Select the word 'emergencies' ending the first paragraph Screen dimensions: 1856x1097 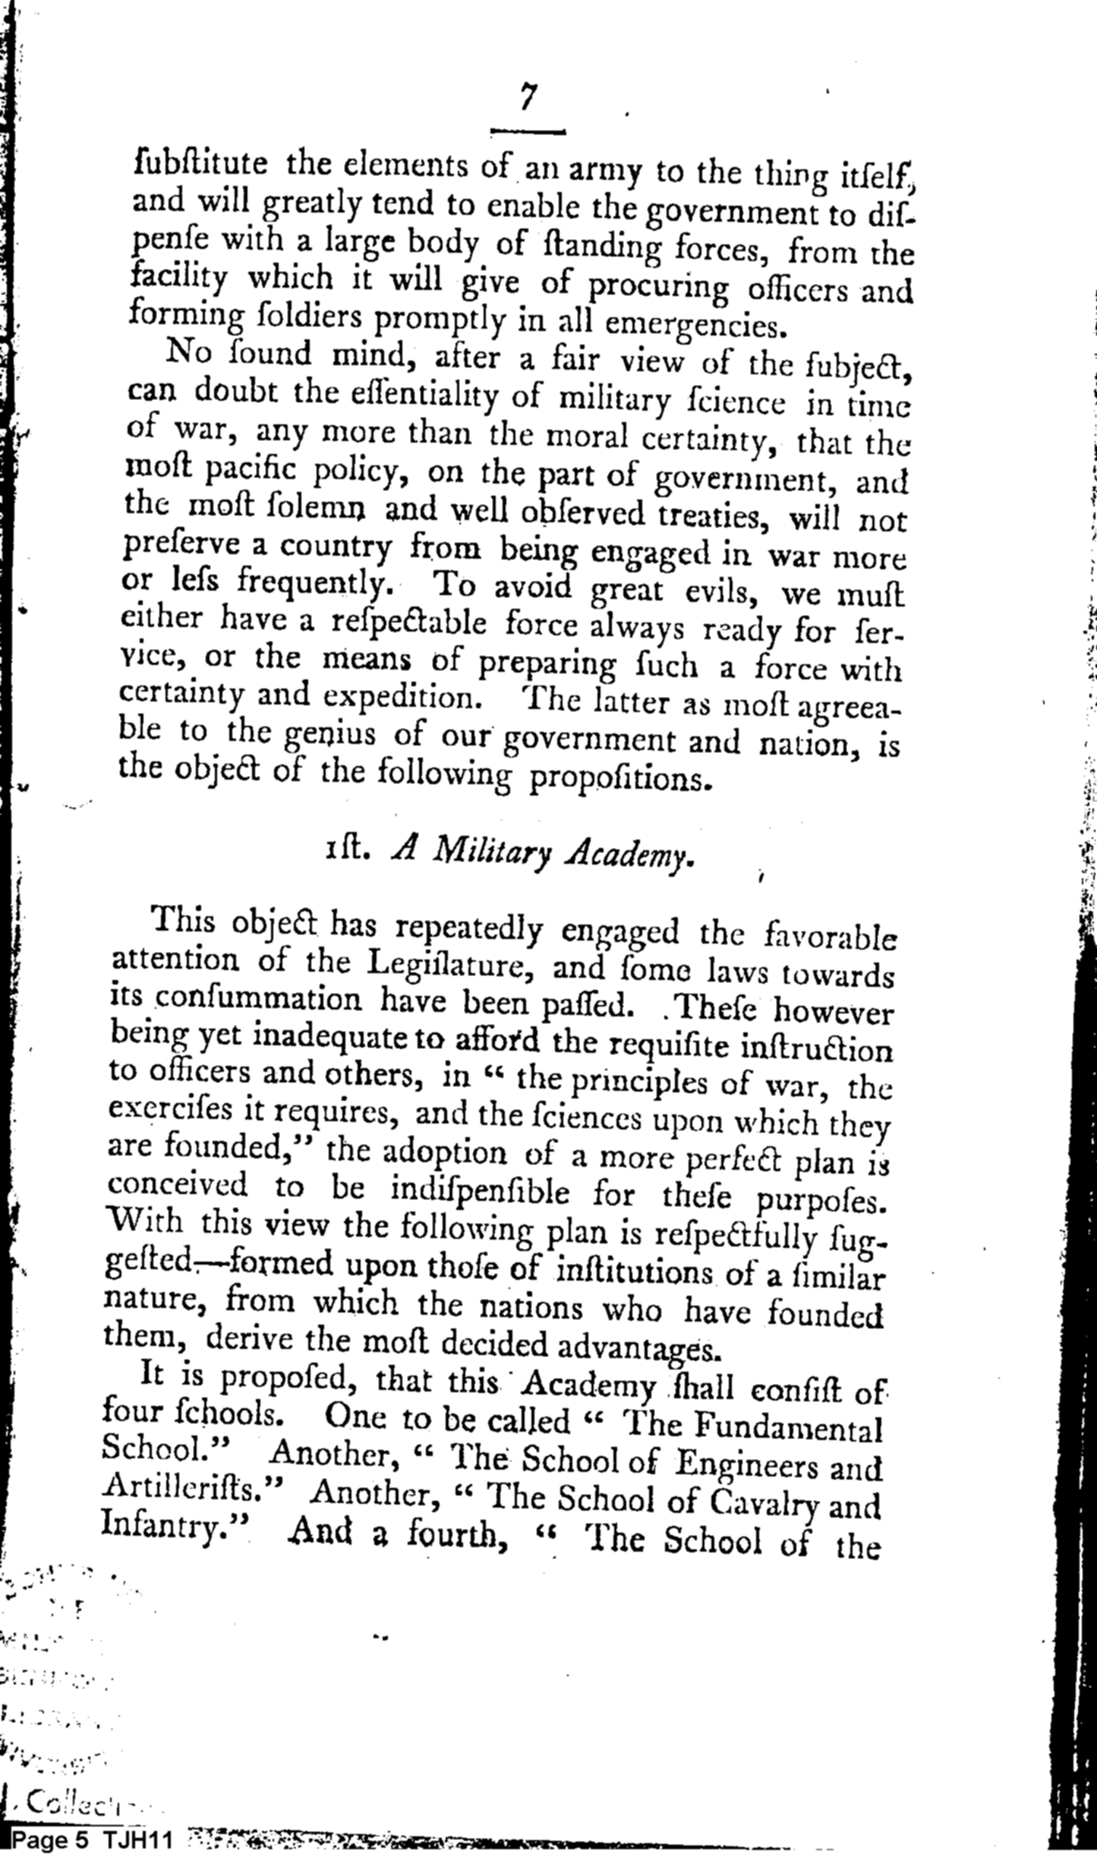click(x=692, y=326)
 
